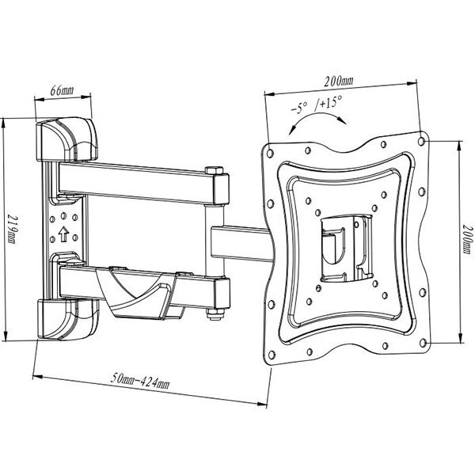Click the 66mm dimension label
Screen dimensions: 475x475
pos(62,90)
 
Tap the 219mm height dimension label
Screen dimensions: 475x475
pos(12,230)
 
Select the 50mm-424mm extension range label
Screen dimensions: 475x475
pos(140,381)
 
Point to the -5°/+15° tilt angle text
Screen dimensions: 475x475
pos(317,104)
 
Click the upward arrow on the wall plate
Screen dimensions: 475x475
pos(63,234)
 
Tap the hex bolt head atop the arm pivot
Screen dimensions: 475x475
pos(215,170)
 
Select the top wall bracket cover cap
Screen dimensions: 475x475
pos(66,139)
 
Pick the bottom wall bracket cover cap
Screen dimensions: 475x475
pos(68,319)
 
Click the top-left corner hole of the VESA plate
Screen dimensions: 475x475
pos(270,153)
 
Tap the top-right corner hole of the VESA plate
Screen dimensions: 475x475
pos(421,142)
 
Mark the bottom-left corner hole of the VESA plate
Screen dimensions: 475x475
pos(272,355)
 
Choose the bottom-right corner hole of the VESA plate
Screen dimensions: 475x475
pos(423,343)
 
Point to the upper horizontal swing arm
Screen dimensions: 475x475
pos(143,183)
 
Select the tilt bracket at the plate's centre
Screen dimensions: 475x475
pos(346,248)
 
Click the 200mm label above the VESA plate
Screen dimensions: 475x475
pos(339,81)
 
